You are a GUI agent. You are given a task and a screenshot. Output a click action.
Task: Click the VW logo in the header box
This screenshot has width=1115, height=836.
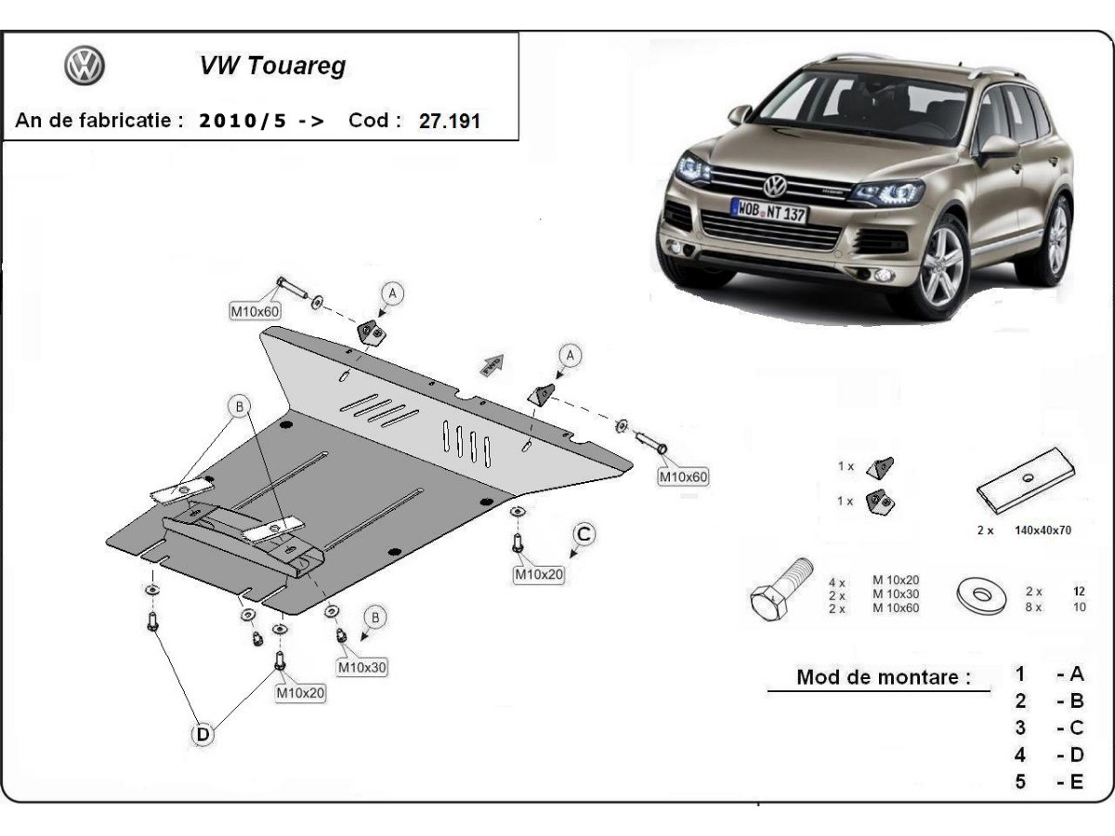(x=84, y=66)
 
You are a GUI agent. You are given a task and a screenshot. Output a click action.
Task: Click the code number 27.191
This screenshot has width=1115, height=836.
(x=450, y=121)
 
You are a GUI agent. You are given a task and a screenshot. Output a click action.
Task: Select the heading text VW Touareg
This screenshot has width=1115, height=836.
(x=272, y=66)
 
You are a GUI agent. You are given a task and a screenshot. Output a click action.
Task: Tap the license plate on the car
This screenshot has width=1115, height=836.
(x=769, y=210)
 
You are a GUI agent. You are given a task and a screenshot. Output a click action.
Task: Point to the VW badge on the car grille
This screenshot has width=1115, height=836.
(x=774, y=183)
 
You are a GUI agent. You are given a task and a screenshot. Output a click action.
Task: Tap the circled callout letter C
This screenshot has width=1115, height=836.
(x=583, y=534)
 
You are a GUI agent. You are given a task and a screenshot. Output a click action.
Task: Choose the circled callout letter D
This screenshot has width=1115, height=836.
(x=203, y=735)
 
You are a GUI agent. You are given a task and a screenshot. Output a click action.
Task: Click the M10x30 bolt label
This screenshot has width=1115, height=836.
(x=362, y=667)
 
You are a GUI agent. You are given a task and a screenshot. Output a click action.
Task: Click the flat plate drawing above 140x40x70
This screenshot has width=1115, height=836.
(x=1025, y=481)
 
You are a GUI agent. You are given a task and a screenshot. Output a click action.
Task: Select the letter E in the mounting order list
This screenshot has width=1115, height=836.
(x=1075, y=782)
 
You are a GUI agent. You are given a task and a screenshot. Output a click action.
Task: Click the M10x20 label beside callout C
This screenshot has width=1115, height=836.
(x=539, y=574)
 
